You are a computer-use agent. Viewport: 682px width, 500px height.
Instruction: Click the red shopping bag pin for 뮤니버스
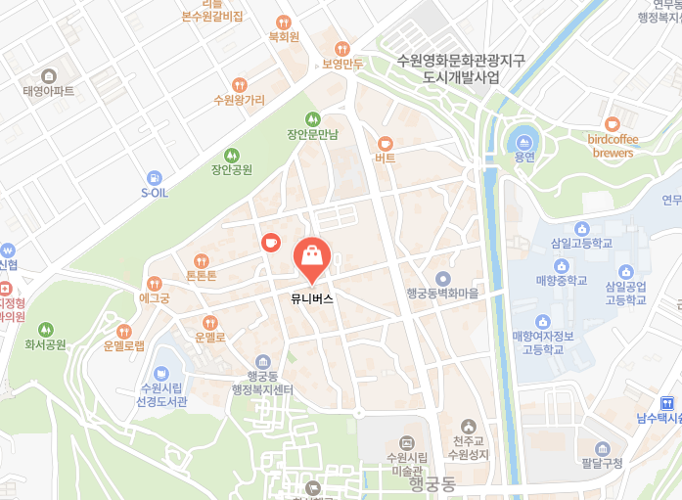coord(311,257)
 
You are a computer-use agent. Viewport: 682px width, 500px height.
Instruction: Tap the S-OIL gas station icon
coord(155,177)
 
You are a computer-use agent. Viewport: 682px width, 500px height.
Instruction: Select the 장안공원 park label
coord(232,169)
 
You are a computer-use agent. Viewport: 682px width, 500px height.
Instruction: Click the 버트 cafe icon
coord(385,143)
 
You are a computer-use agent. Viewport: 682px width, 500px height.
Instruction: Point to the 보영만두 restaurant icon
coord(341,48)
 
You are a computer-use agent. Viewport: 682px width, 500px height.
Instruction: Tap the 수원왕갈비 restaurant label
coord(240,100)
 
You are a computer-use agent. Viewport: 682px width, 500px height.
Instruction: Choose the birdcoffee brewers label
coord(613,147)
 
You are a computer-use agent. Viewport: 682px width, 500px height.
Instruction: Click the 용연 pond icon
coord(524,142)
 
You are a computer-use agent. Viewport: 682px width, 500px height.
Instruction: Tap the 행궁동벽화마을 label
coord(443,293)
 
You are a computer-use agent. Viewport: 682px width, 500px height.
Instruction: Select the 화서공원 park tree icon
coord(45,330)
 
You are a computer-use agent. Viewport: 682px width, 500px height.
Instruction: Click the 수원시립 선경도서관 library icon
coord(160,374)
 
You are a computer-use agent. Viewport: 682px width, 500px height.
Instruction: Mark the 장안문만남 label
coord(312,134)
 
